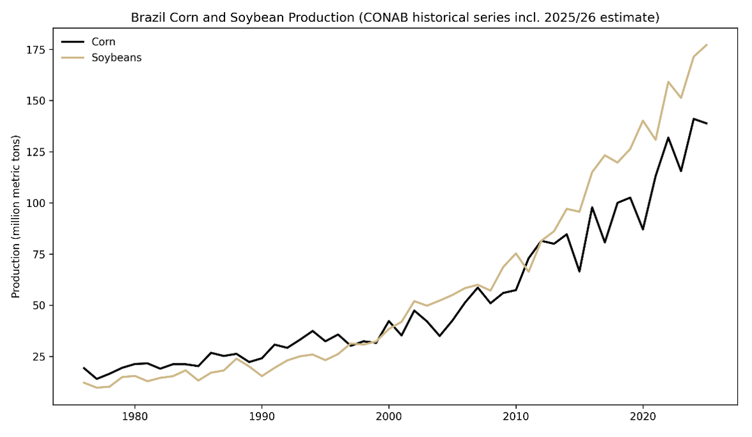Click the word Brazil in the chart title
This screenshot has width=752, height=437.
pyautogui.click(x=146, y=17)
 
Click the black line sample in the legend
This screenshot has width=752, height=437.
pyautogui.click(x=73, y=42)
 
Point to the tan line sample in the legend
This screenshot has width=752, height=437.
pyautogui.click(x=73, y=57)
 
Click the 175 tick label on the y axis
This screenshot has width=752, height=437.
pyautogui.click(x=36, y=50)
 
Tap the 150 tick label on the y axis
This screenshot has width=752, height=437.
pyautogui.click(x=36, y=101)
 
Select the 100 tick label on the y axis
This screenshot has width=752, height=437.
pyautogui.click(x=36, y=203)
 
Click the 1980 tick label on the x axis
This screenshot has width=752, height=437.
pyautogui.click(x=134, y=415)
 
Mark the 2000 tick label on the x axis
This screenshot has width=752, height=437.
pyautogui.click(x=388, y=415)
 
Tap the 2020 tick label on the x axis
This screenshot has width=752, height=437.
pyautogui.click(x=643, y=415)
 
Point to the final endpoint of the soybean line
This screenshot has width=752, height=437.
pyautogui.click(x=707, y=45)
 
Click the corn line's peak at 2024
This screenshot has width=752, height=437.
pyautogui.click(x=694, y=119)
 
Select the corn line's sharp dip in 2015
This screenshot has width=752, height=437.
pyautogui.click(x=579, y=272)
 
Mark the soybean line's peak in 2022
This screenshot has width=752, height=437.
pyautogui.click(x=668, y=82)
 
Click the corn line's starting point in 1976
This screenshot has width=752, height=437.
pyautogui.click(x=84, y=367)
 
